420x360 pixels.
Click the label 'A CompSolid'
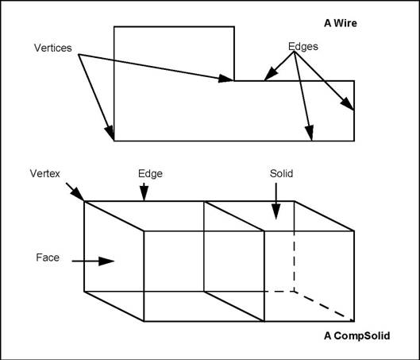[x=356, y=335]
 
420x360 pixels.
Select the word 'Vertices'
[x=52, y=48]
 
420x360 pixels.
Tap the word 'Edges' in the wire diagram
[x=302, y=47]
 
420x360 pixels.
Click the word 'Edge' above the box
[x=150, y=172]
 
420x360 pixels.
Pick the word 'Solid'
[x=282, y=172]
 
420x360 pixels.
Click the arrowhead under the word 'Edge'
[x=144, y=196]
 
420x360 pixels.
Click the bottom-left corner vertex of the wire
[x=114, y=141]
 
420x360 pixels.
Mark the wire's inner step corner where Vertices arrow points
[x=234, y=80]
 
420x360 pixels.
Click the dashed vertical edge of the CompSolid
[x=295, y=246]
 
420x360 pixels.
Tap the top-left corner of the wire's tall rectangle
[x=114, y=27]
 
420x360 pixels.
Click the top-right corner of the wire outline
[x=353, y=80]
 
